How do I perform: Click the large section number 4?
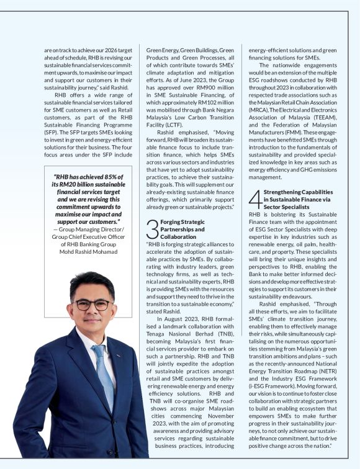(254, 200)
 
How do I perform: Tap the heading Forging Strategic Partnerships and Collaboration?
(182, 229)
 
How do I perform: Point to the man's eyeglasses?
(92, 305)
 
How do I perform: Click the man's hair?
(90, 284)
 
